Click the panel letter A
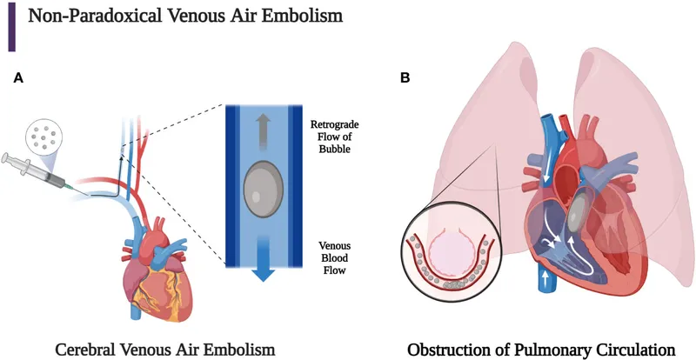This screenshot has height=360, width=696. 18,78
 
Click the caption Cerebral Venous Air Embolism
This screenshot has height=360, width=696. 165,347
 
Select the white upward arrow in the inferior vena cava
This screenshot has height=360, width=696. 545,277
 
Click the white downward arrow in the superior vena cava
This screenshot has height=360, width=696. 545,177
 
